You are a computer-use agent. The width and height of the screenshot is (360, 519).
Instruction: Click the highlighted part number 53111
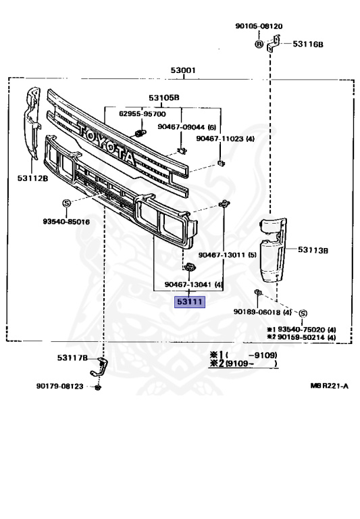[190, 301]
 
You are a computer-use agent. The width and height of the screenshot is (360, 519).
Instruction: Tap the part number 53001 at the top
[183, 70]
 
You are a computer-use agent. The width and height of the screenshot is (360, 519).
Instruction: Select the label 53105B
[163, 97]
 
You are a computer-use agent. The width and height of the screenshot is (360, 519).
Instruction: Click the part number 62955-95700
[143, 114]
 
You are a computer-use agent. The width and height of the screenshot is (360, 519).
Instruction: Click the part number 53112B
[32, 178]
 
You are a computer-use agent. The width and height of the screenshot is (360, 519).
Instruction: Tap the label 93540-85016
[66, 222]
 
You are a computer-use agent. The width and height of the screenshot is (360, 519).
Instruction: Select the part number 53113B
[313, 250]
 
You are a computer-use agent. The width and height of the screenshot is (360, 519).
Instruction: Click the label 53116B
[308, 44]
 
